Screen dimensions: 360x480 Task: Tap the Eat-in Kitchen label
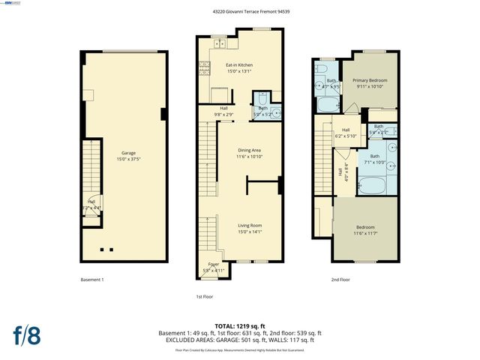tap(239, 68)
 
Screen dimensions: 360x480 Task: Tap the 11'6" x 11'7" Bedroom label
tap(365, 230)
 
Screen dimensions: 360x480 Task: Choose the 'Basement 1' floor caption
tap(91, 280)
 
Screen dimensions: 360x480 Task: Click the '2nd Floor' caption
tap(340, 280)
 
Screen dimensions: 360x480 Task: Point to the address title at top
tap(239, 11)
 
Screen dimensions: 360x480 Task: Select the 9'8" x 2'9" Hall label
tap(224, 111)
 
